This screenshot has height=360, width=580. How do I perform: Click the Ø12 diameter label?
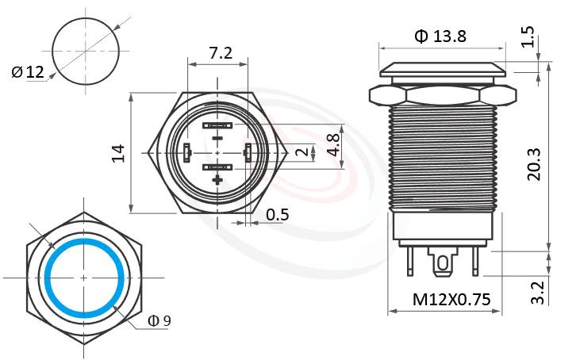[28, 73]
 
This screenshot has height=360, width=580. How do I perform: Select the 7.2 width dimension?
[220, 53]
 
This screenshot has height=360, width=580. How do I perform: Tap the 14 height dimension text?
[118, 153]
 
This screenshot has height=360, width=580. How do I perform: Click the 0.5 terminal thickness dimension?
[278, 214]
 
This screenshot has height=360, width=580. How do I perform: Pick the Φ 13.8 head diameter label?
[440, 36]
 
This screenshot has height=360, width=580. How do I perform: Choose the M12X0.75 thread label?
[446, 300]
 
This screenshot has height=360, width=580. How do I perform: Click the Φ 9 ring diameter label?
[159, 320]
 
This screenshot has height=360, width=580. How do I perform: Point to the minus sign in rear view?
[217, 140]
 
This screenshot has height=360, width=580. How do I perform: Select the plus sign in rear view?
[217, 181]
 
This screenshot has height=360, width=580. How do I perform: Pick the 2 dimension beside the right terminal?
[300, 152]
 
